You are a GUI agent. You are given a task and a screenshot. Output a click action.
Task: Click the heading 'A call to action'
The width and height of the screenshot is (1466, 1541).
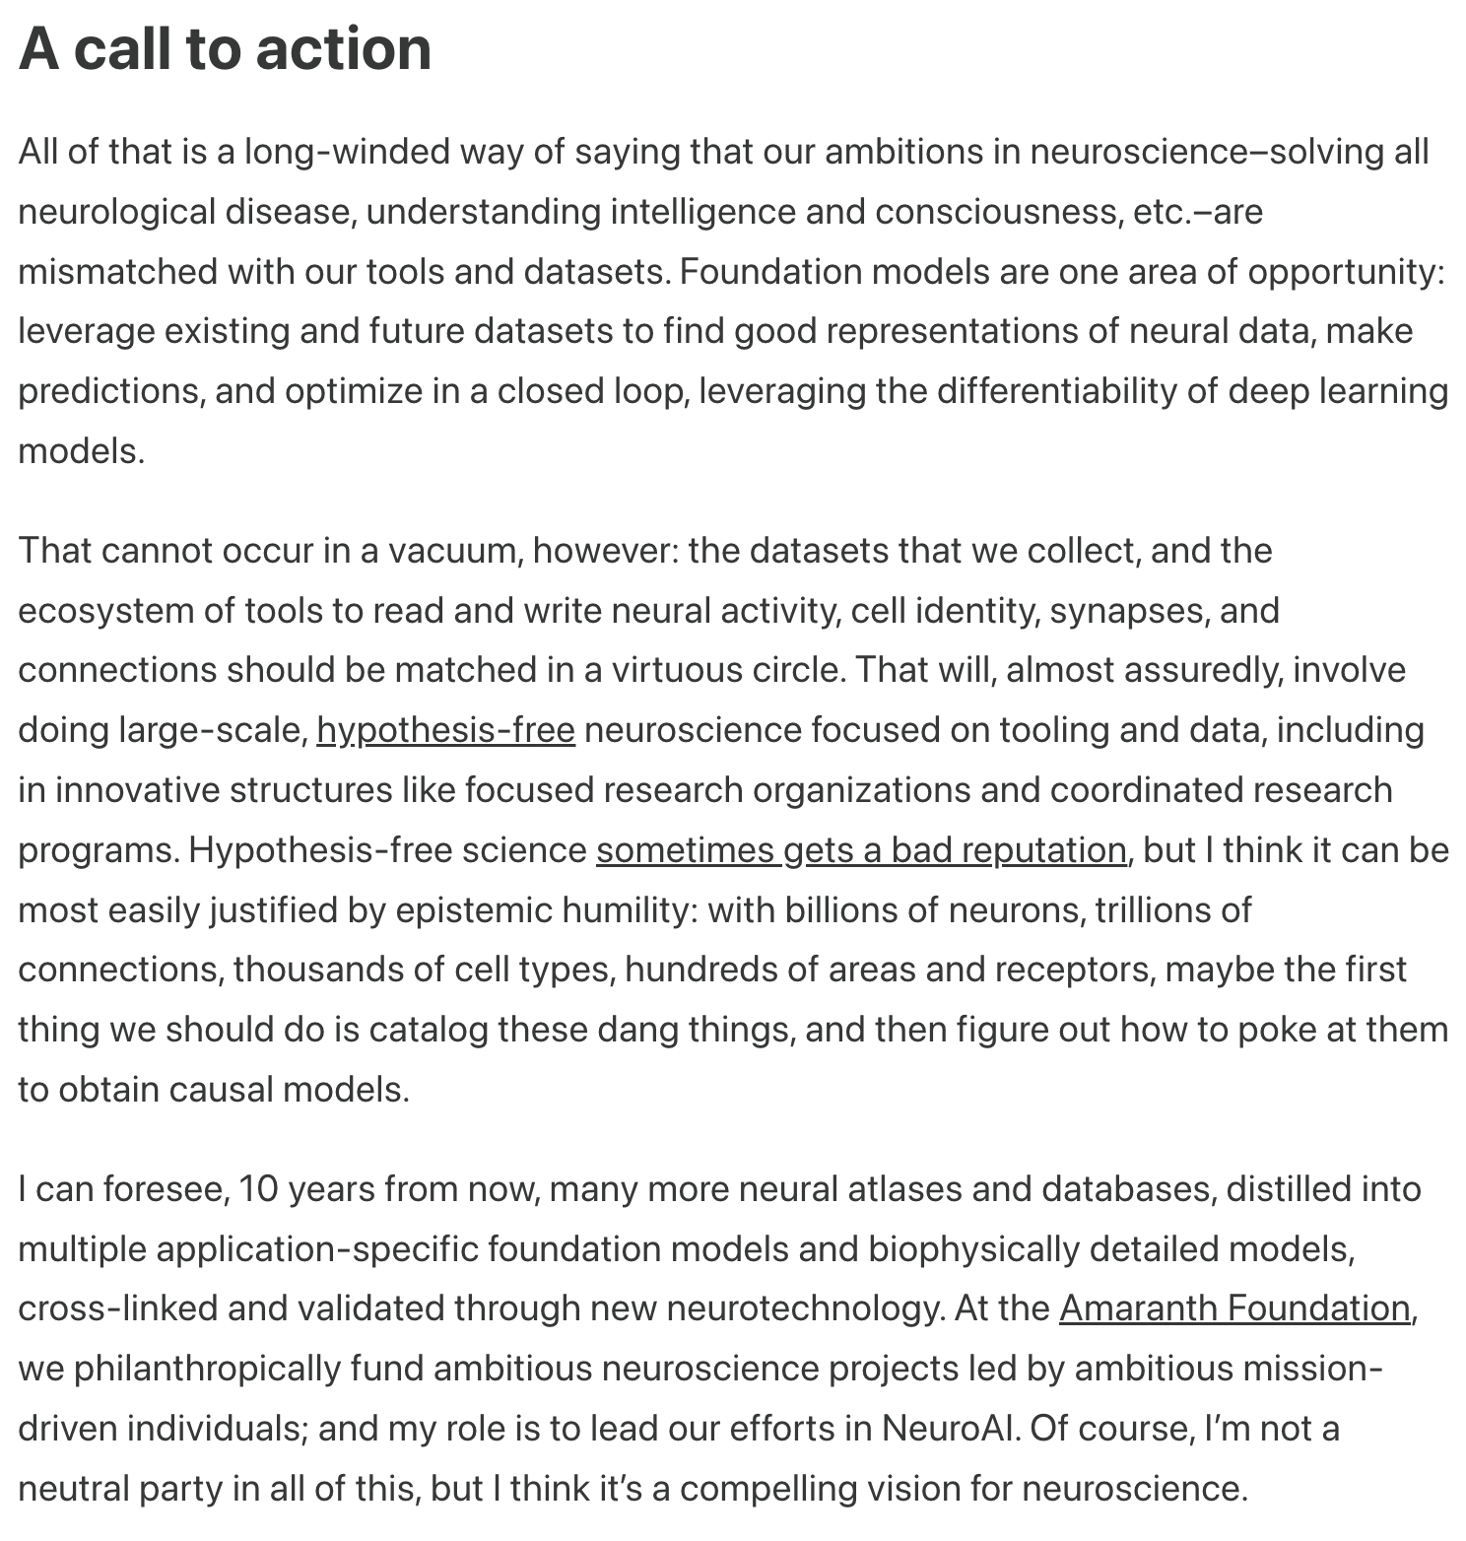(x=225, y=49)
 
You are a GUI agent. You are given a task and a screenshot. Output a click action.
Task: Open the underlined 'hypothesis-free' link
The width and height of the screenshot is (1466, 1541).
(x=445, y=730)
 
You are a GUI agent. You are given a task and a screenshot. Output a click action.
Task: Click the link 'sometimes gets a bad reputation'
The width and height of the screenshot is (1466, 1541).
(x=861, y=849)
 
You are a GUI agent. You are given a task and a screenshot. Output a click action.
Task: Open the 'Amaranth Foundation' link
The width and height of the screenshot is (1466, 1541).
(x=1234, y=1307)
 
